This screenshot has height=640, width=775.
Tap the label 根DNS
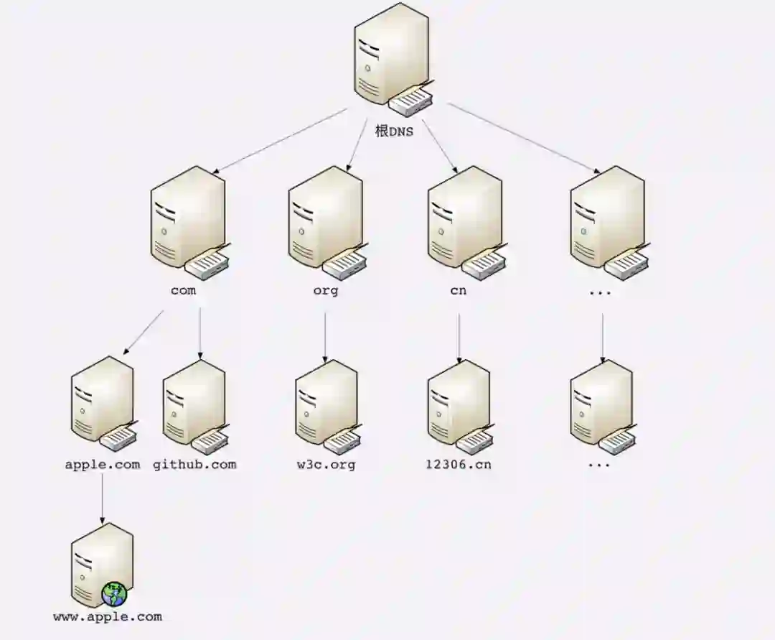(395, 131)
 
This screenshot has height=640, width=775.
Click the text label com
(183, 291)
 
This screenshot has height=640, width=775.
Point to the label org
(325, 291)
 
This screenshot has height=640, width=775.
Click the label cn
(458, 291)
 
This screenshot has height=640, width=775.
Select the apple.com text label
(103, 464)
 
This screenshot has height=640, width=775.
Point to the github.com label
(194, 464)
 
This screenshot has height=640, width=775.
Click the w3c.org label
(327, 464)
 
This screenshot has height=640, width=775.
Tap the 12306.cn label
(459, 464)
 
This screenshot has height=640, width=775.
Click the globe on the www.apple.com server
(114, 594)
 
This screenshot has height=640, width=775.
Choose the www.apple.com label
(108, 616)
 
